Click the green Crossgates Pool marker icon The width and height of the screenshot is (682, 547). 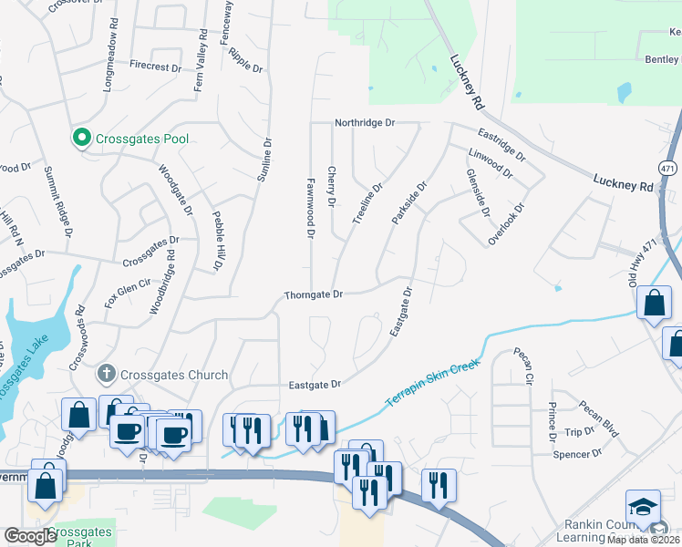pyautogui.click(x=81, y=139)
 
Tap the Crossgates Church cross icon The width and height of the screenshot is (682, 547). pyautogui.click(x=107, y=372)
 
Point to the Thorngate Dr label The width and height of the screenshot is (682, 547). pyautogui.click(x=313, y=294)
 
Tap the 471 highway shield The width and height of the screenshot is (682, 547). pyautogui.click(x=667, y=168)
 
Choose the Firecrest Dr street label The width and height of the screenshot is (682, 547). pyautogui.click(x=155, y=66)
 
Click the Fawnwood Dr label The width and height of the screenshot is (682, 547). pyautogui.click(x=310, y=208)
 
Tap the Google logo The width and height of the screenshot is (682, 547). pyautogui.click(x=30, y=536)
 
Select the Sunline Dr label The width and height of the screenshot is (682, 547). pyautogui.click(x=265, y=165)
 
